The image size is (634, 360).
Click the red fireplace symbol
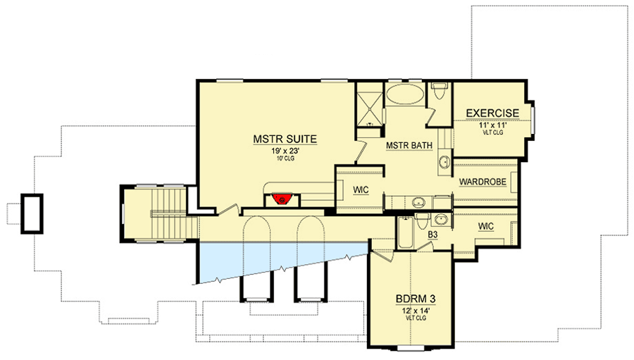[x=282, y=199]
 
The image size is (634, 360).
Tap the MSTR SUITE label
[x=285, y=139]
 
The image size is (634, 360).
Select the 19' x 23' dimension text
[x=285, y=150]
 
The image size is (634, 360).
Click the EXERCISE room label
[x=492, y=113]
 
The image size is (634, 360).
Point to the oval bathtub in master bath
[x=405, y=95]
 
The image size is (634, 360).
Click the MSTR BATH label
[x=409, y=146]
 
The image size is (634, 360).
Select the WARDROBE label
[x=483, y=182]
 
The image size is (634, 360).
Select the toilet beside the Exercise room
[x=440, y=92]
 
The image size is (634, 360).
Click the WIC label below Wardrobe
[x=485, y=226]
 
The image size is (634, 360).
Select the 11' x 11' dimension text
[x=492, y=123]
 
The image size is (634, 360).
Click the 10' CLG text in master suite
[x=285, y=159]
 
